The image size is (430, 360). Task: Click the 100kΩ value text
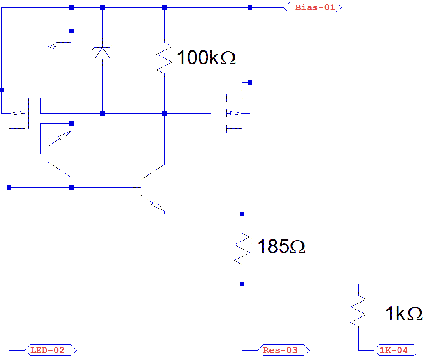pyautogui.click(x=206, y=58)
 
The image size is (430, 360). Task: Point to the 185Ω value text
pyautogui.click(x=281, y=247)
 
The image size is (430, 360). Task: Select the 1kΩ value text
pyautogui.click(x=403, y=314)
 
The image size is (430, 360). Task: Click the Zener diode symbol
pyautogui.click(x=102, y=53)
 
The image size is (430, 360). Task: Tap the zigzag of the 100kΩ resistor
pyautogui.click(x=164, y=57)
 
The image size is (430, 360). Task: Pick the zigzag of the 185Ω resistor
pyautogui.click(x=242, y=248)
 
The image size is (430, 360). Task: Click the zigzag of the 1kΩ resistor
pyautogui.click(x=358, y=311)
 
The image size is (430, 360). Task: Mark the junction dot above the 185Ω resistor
pyautogui.click(x=242, y=214)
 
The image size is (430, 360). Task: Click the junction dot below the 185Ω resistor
pyautogui.click(x=242, y=284)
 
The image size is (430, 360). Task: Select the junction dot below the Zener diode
pyautogui.click(x=102, y=113)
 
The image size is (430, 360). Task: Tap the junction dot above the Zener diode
pyautogui.click(x=102, y=7)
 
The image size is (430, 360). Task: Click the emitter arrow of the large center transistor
pyautogui.click(x=156, y=205)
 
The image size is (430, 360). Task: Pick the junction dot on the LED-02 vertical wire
pyautogui.click(x=9, y=188)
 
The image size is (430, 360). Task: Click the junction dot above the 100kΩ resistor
pyautogui.click(x=164, y=7)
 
